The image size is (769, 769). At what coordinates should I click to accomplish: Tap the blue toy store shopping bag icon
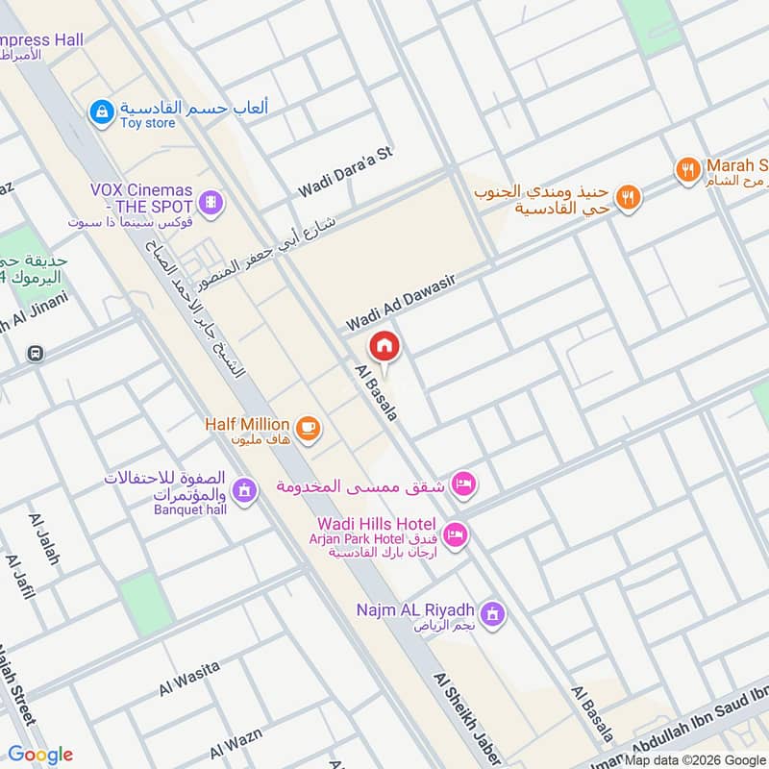pyautogui.click(x=99, y=113)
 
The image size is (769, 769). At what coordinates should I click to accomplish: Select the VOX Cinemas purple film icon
pyautogui.click(x=211, y=202)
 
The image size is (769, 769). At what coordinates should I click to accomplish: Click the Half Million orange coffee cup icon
pyautogui.click(x=307, y=428)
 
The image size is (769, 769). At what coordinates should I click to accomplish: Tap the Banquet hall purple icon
pyautogui.click(x=245, y=489)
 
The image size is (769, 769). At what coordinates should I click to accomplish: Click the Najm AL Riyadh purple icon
pyautogui.click(x=492, y=612)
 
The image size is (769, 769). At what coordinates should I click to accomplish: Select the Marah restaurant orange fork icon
pyautogui.click(x=687, y=170)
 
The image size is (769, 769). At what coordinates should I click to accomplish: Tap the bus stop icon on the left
pyautogui.click(x=36, y=353)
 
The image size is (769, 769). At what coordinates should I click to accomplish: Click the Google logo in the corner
pyautogui.click(x=40, y=755)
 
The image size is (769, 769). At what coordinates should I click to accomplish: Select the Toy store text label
pyautogui.click(x=147, y=123)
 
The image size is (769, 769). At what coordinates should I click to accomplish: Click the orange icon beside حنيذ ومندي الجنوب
pyautogui.click(x=627, y=198)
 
